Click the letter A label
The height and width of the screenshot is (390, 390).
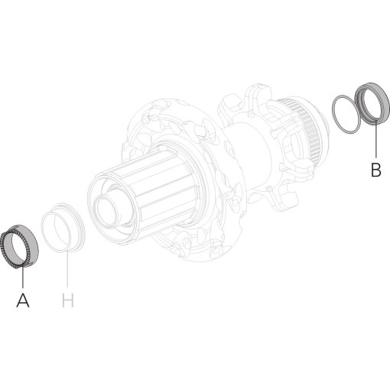point(23,301)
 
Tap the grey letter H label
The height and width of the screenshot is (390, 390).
point(68,301)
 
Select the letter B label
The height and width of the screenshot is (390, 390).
point(375,170)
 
